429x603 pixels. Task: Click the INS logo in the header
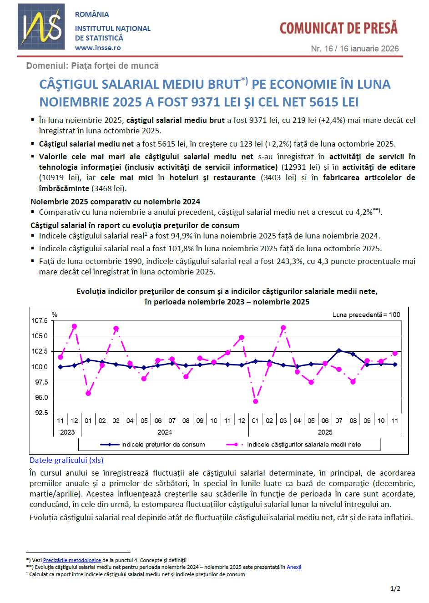[x=41, y=27]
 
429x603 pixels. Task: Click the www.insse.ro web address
[x=98, y=48]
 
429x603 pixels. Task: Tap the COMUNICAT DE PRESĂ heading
[x=338, y=28]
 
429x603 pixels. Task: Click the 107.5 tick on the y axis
[x=40, y=321]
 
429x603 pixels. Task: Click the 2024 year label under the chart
[x=165, y=432]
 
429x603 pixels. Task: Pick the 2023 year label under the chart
[x=67, y=432]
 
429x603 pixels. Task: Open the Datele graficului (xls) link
[x=66, y=460]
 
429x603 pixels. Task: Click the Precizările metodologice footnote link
[x=72, y=560]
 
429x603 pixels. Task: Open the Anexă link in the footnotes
[x=294, y=567]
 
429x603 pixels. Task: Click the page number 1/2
[x=395, y=588]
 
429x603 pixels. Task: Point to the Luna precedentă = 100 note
[x=366, y=314]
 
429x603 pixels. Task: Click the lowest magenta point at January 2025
[x=256, y=401]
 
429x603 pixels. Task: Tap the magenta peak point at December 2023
[x=75, y=326]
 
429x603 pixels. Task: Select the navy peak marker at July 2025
[x=339, y=350]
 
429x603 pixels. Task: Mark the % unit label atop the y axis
[x=55, y=314]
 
